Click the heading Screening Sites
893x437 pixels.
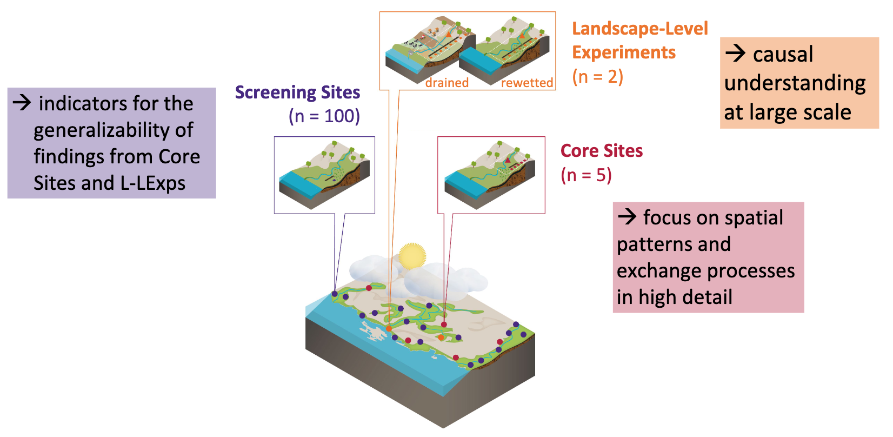pyautogui.click(x=297, y=92)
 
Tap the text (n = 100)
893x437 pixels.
pyautogui.click(x=324, y=116)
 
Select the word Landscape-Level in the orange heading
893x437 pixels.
pyautogui.click(x=639, y=29)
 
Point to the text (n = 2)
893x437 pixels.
pyautogui.click(x=597, y=76)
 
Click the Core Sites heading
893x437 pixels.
pyautogui.click(x=601, y=150)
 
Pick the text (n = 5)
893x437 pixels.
pyautogui.click(x=585, y=175)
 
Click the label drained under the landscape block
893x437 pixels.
pyautogui.click(x=447, y=83)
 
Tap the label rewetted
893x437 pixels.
pyautogui.click(x=527, y=83)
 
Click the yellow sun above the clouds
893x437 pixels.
pyautogui.click(x=412, y=256)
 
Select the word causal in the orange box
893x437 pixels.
pyautogui.click(x=783, y=54)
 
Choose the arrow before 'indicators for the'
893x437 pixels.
pyautogui.click(x=22, y=102)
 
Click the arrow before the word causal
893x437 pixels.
pyautogui.click(x=735, y=53)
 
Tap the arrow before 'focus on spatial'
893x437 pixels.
pyautogui.click(x=628, y=216)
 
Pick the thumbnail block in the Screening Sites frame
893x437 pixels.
pyautogui.click(x=324, y=174)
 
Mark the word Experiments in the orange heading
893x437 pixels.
pyautogui.click(x=623, y=52)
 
